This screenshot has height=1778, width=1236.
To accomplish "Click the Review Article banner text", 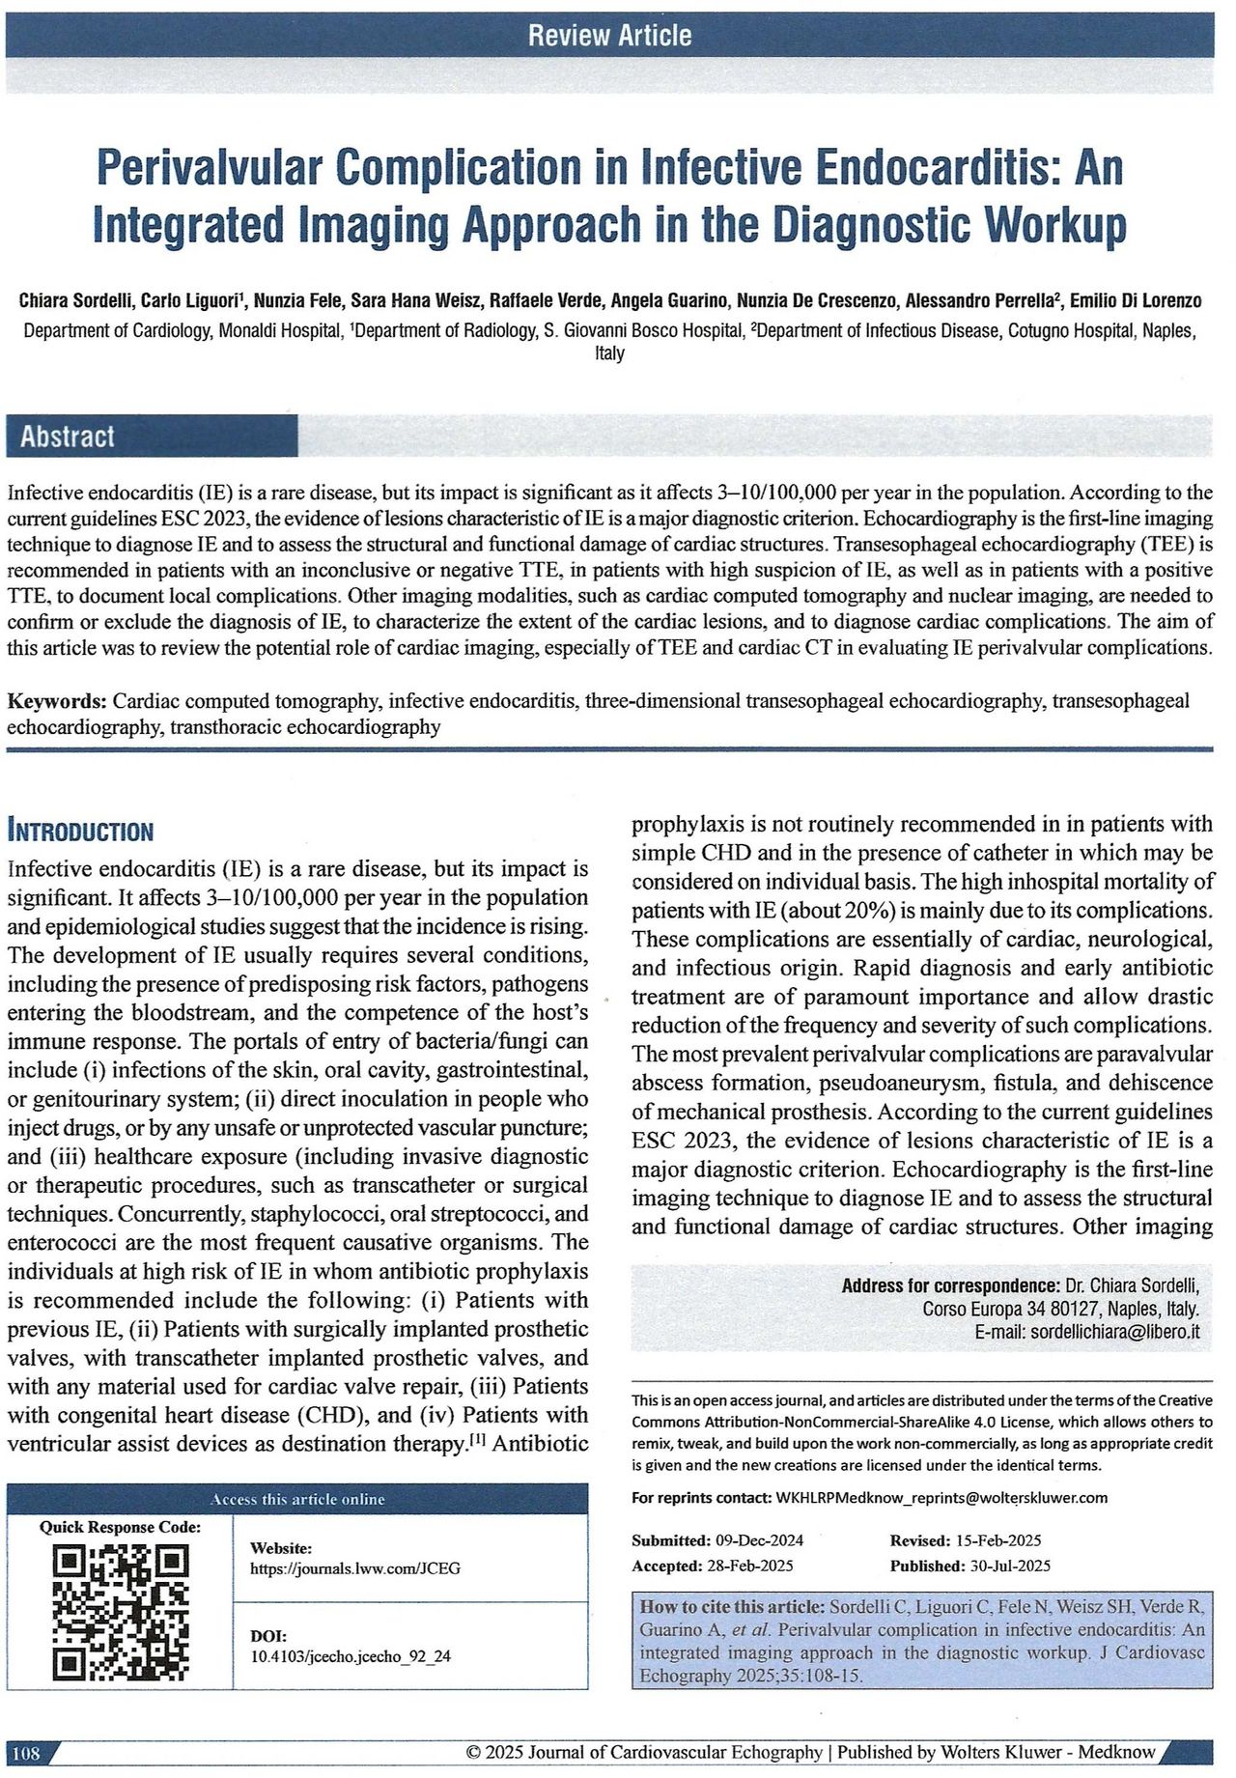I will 609,36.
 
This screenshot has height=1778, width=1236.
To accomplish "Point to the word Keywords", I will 56,700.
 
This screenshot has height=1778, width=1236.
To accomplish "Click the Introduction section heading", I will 80,831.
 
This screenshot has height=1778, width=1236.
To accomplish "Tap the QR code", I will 120,1598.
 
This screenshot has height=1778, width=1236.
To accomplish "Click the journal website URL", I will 354,1568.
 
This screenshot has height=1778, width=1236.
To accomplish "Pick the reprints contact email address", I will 941,1498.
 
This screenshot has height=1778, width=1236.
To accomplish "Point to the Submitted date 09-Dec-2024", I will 758,1540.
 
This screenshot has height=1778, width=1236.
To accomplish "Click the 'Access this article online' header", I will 297,1499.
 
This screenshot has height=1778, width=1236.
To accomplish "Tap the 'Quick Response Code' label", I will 120,1527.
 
